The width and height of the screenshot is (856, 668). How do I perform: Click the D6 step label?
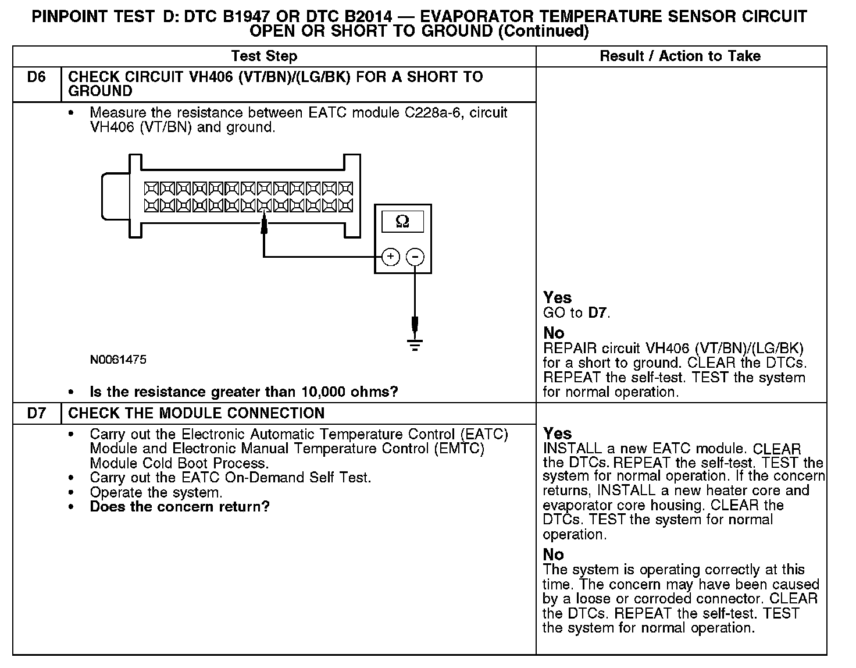pyautogui.click(x=36, y=77)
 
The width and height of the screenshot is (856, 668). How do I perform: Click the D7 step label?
pyautogui.click(x=36, y=414)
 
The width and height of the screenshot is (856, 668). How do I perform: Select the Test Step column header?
pyautogui.click(x=264, y=56)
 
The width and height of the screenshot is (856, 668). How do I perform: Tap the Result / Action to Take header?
pyautogui.click(x=680, y=56)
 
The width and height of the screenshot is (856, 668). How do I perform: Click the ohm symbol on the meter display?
pyautogui.click(x=402, y=222)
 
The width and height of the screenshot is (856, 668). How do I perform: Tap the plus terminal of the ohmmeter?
pyautogui.click(x=391, y=257)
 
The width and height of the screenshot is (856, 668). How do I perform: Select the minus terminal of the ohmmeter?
pyautogui.click(x=415, y=257)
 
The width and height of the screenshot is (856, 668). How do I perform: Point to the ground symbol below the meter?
pyautogui.click(x=415, y=345)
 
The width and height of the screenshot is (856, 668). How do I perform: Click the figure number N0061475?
pyautogui.click(x=118, y=360)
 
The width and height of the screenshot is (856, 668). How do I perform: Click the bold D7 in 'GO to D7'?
pyautogui.click(x=597, y=313)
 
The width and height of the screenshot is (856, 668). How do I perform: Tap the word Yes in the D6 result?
pyautogui.click(x=557, y=298)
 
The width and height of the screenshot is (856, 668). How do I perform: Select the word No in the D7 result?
pyautogui.click(x=554, y=555)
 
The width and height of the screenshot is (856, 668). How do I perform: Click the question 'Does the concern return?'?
pyautogui.click(x=180, y=507)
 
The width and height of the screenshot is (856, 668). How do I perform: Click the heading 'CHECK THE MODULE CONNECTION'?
pyautogui.click(x=197, y=414)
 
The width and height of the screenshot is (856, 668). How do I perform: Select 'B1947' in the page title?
pyautogui.click(x=245, y=17)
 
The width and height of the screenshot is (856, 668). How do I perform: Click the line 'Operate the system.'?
pyautogui.click(x=156, y=492)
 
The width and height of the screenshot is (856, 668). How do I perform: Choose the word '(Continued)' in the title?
pyautogui.click(x=543, y=31)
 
